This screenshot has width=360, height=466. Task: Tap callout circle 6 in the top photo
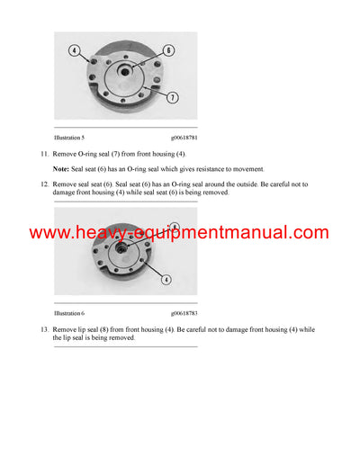click(x=168, y=51)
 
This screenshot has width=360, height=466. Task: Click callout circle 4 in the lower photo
click(x=166, y=281)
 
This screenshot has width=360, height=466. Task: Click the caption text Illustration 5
click(x=69, y=138)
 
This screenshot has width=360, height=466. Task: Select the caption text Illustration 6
click(x=69, y=314)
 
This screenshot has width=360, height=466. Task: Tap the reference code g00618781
click(x=184, y=138)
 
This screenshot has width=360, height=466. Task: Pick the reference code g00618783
click(x=184, y=314)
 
